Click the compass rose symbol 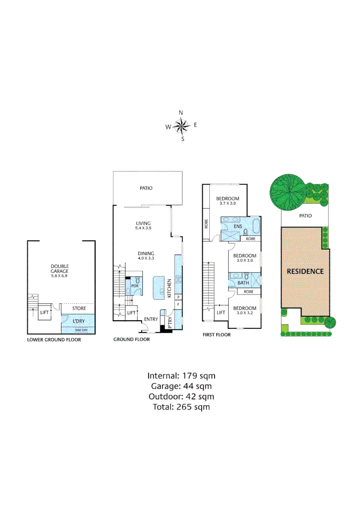click(181, 126)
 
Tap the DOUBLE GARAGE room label click(60, 269)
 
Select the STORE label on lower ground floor click(79, 308)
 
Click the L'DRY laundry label click(78, 321)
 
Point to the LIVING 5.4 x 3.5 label click(143, 226)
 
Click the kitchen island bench click(158, 287)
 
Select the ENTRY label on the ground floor click(151, 319)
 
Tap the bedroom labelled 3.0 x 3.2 click(245, 311)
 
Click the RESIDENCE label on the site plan click(305, 271)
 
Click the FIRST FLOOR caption click(216, 335)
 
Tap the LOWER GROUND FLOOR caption click(54, 340)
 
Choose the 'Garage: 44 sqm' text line click(181, 386)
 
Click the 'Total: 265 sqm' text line click(181, 407)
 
